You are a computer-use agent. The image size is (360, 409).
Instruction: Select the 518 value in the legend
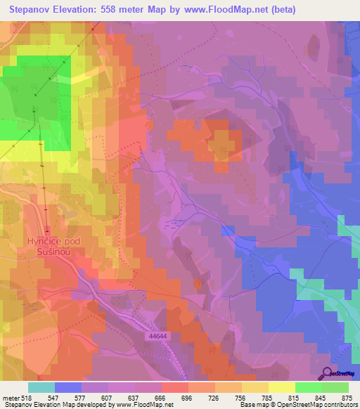27,397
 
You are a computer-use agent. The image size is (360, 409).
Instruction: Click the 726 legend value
200,397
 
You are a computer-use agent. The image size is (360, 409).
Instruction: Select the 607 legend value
91,397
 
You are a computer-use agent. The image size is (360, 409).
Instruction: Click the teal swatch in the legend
41,387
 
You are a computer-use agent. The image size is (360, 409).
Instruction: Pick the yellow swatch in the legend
281,387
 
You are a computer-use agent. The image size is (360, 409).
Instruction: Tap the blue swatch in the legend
67,387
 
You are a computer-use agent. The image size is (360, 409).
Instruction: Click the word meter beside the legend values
11,397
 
